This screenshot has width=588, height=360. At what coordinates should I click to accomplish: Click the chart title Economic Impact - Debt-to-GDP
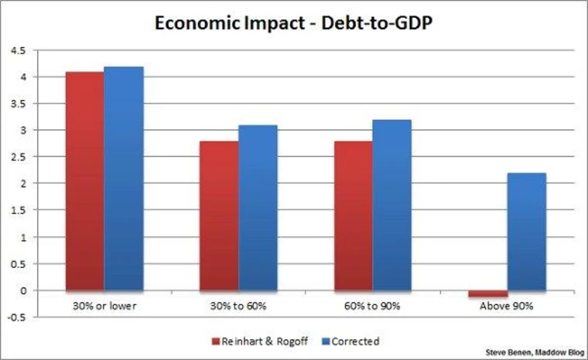294,22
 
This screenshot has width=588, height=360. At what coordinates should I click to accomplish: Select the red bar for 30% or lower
84,181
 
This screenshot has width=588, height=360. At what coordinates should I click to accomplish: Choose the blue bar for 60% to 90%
391,205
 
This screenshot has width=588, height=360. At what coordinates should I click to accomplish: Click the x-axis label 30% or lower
104,306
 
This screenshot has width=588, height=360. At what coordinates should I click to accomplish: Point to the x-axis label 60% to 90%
372,306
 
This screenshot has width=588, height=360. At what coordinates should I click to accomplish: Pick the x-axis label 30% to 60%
238,306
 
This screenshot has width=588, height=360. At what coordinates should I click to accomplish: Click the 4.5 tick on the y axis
18,50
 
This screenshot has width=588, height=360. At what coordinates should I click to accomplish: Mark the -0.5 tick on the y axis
16,317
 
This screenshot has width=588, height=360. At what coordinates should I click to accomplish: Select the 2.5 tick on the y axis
18,157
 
